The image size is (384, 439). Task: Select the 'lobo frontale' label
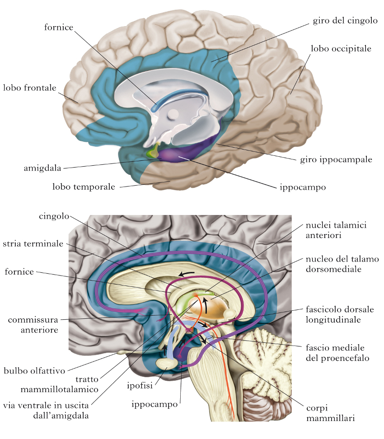click(x=29, y=88)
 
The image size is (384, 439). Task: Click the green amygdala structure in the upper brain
click(x=153, y=152)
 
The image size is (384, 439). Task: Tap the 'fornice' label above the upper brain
click(x=58, y=27)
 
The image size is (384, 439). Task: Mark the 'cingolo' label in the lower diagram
click(x=54, y=216)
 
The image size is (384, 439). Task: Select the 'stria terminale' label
click(x=33, y=244)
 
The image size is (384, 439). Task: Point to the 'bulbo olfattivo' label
click(x=33, y=371)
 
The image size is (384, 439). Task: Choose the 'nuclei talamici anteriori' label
click(x=336, y=229)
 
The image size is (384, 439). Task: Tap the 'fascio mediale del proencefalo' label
click(x=335, y=353)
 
